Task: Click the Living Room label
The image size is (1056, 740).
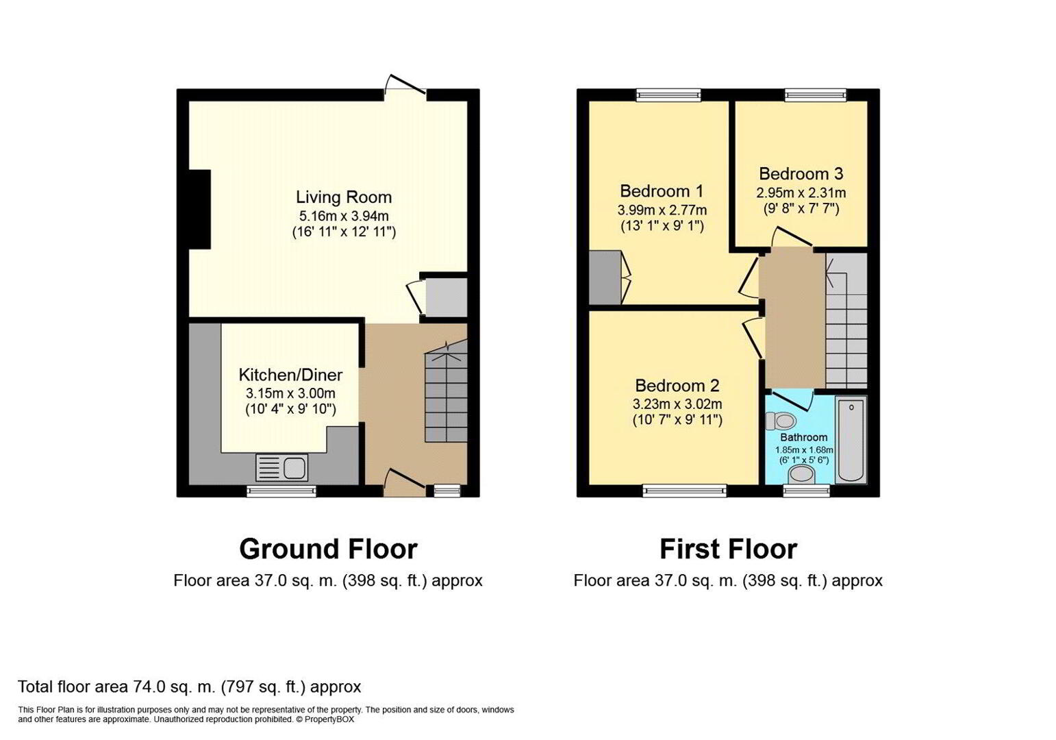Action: pyautogui.click(x=344, y=197)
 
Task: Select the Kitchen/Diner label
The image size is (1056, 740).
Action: pyautogui.click(x=290, y=375)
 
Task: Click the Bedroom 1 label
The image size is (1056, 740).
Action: pyautogui.click(x=662, y=191)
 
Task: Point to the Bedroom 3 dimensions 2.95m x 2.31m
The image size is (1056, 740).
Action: pyautogui.click(x=801, y=193)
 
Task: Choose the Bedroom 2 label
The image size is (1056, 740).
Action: pyautogui.click(x=677, y=386)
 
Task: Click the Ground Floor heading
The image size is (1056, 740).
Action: pyautogui.click(x=328, y=549)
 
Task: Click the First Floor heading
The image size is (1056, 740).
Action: pyautogui.click(x=729, y=549)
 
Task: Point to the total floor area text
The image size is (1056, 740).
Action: pyautogui.click(x=190, y=687)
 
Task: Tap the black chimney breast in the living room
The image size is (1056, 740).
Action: pyautogui.click(x=199, y=209)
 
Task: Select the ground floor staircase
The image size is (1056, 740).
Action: pyautogui.click(x=446, y=391)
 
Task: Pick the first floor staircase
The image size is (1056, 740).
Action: pyautogui.click(x=846, y=321)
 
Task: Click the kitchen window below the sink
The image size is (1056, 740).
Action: pyautogui.click(x=281, y=491)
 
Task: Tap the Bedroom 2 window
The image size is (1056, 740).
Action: pyautogui.click(x=685, y=491)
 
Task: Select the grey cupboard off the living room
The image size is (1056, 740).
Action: pyautogui.click(x=446, y=297)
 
